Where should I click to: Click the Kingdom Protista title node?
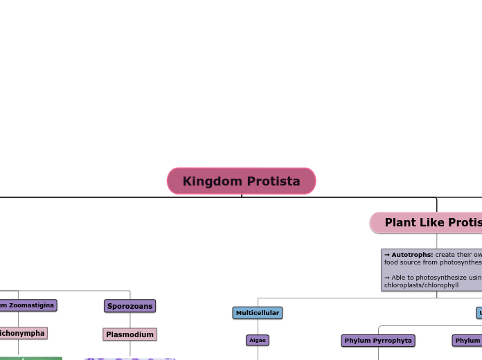[x=241, y=181]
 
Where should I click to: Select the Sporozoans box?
[x=130, y=305]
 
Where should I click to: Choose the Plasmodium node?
[x=130, y=334]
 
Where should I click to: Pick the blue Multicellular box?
[x=257, y=313]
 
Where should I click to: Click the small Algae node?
[x=257, y=340]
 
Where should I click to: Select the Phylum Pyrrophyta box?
[x=378, y=340]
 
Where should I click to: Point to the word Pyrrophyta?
[x=392, y=340]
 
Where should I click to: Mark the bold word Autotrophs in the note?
[x=412, y=255]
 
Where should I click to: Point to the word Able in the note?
[x=399, y=277]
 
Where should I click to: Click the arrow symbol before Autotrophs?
[x=386, y=255]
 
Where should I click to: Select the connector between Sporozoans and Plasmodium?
[x=130, y=320]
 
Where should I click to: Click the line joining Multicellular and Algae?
[x=257, y=327]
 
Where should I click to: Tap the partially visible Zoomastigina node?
[x=28, y=305]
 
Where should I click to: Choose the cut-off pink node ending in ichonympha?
[x=23, y=333]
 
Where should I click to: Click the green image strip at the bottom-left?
[x=30, y=358]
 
